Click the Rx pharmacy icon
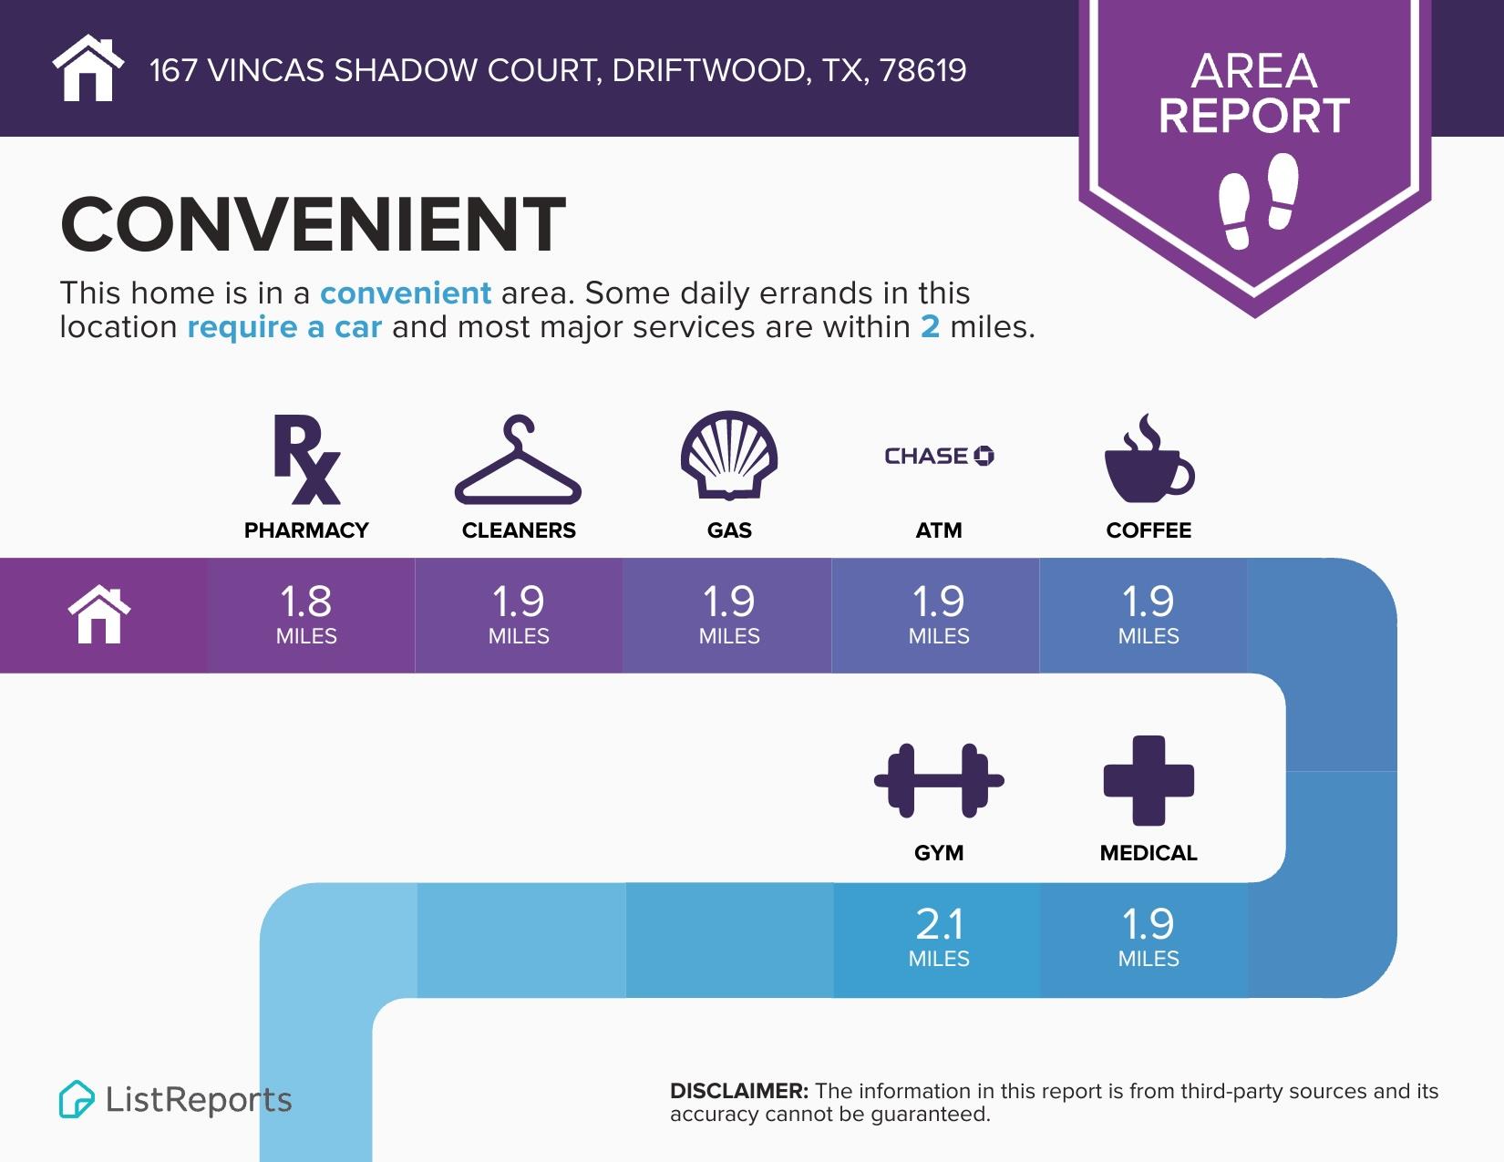pyautogui.click(x=307, y=459)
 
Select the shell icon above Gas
pyautogui.click(x=729, y=456)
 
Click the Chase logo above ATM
pyautogui.click(x=939, y=456)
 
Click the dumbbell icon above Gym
pyautogui.click(x=939, y=780)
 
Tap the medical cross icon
pyautogui.click(x=1149, y=780)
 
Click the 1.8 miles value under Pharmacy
pyautogui.click(x=306, y=613)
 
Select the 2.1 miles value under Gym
pyautogui.click(x=939, y=936)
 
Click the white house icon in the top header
pyautogui.click(x=88, y=68)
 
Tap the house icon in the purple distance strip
pyautogui.click(x=100, y=615)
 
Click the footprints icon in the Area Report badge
pyautogui.click(x=1258, y=201)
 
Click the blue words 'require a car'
pyautogui.click(x=284, y=327)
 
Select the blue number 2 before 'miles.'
pyautogui.click(x=930, y=327)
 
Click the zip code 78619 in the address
pyautogui.click(x=923, y=70)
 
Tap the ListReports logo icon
pyautogui.click(x=77, y=1099)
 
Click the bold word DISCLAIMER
pyautogui.click(x=738, y=1091)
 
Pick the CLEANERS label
pyautogui.click(x=519, y=530)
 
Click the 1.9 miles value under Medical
pyautogui.click(x=1149, y=936)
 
